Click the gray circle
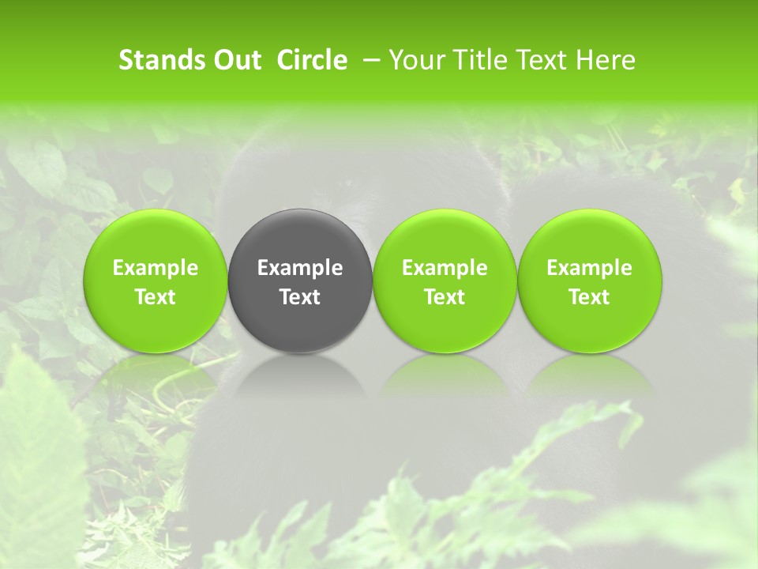300,281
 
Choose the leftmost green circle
156,281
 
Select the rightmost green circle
590,281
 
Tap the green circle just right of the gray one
445,281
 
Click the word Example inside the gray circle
300,268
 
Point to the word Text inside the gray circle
300,297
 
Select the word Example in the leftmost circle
156,268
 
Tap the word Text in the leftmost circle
156,297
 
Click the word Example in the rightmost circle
590,268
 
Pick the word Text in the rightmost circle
590,297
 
